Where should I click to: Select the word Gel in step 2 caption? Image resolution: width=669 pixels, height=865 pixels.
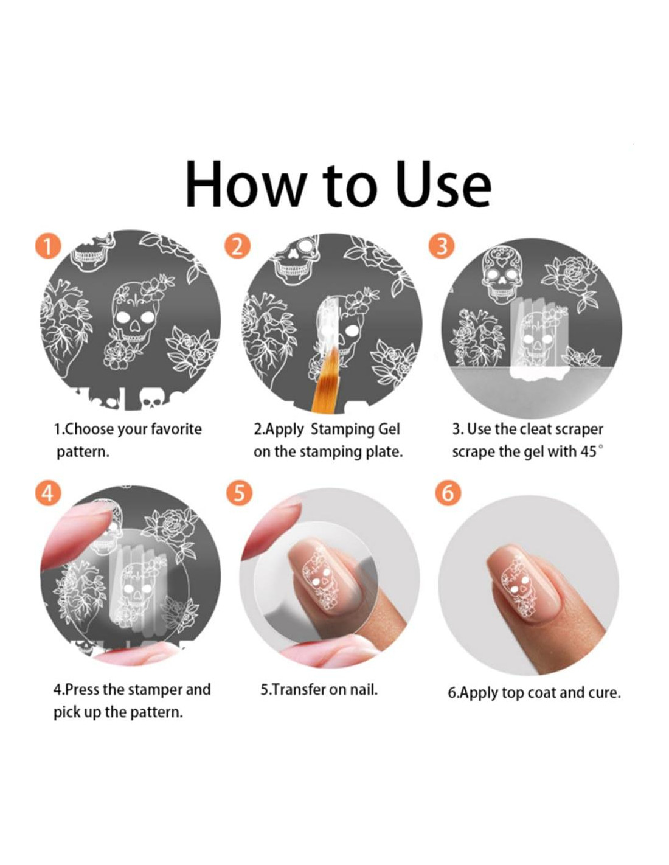pos(389,429)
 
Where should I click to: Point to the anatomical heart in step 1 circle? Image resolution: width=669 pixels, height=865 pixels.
pos(64,323)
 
